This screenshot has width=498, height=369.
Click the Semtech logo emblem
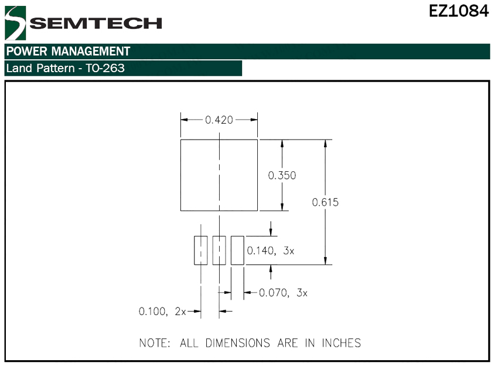point(15,23)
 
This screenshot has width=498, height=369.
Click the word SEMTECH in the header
point(96,23)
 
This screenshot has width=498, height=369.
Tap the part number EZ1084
point(459,11)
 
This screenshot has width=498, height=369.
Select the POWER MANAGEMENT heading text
point(69,51)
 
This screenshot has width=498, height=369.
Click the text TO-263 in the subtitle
point(105,68)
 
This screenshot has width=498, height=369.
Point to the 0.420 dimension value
point(219,120)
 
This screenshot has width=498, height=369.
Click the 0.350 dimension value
point(282,175)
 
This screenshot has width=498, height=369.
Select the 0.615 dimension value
point(325,202)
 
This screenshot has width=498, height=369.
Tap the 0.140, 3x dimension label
point(271,250)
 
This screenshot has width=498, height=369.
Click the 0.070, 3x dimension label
point(284,293)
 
